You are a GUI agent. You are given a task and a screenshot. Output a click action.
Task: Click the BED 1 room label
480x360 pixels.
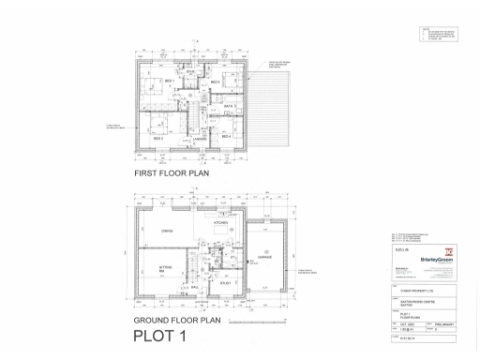click(x=170, y=82)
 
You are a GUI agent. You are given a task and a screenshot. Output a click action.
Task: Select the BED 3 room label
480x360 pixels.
click(x=215, y=82)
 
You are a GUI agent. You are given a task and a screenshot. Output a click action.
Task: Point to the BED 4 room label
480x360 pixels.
click(x=226, y=137)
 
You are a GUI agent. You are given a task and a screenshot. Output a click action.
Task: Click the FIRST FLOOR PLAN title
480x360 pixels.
click(x=172, y=173)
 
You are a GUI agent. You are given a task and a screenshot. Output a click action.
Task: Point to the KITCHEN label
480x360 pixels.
click(x=221, y=223)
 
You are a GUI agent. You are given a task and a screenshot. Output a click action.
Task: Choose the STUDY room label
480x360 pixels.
click(x=226, y=280)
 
